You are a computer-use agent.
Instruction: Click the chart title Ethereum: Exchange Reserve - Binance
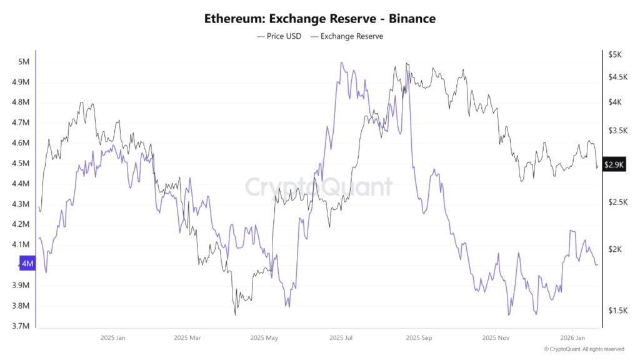(320, 19)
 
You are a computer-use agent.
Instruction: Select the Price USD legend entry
(279, 36)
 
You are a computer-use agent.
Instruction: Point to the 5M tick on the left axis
(24, 61)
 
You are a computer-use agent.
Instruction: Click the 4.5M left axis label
(21, 163)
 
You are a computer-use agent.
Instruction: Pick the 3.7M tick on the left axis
(21, 326)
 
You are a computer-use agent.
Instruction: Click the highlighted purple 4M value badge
(28, 264)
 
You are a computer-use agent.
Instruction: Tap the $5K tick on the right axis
(615, 54)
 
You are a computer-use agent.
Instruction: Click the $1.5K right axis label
(617, 311)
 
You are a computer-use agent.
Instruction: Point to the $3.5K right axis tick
(617, 131)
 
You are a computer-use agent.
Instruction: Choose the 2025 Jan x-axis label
(113, 337)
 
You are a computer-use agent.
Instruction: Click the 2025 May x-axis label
(264, 337)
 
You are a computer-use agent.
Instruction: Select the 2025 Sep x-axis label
(418, 337)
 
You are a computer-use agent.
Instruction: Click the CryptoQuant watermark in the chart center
(319, 187)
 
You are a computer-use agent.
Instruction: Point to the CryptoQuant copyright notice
(583, 349)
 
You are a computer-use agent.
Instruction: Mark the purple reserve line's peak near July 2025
(341, 62)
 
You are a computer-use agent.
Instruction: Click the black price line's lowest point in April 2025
(235, 314)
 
